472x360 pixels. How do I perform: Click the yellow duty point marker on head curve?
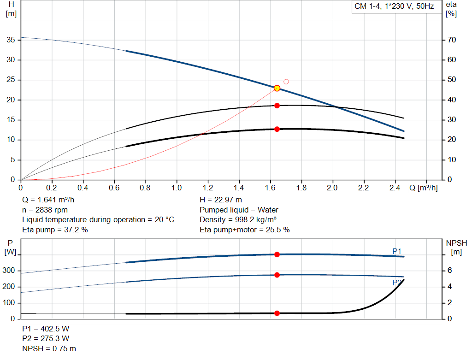(277, 88)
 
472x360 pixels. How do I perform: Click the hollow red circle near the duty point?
(286, 82)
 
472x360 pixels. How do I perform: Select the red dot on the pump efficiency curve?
(277, 106)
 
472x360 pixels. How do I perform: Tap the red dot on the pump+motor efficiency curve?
(277, 129)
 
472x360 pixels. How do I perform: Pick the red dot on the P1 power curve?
(277, 254)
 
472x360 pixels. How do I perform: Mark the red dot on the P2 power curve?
(277, 275)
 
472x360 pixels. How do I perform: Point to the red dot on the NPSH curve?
(277, 313)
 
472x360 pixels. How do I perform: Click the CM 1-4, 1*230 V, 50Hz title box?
(394, 6)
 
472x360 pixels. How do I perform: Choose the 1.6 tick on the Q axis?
(270, 188)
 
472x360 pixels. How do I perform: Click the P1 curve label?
(397, 251)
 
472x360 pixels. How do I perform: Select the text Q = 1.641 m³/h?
(48, 200)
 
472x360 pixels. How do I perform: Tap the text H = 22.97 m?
(221, 200)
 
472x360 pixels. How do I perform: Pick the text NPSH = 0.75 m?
(49, 348)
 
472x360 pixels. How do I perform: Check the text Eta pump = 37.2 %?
(55, 230)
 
